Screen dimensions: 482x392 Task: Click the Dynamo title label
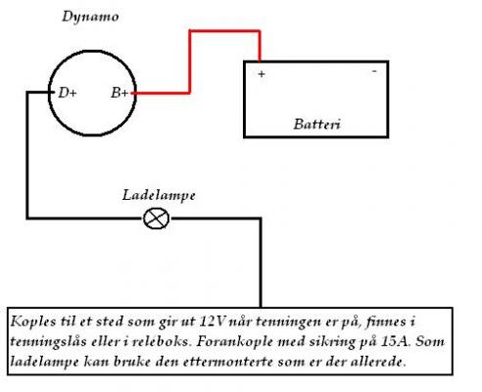coord(90,17)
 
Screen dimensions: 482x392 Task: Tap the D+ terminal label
coord(68,93)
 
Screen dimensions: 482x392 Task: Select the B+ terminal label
coord(120,93)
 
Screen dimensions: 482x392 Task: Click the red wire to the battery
coord(190,62)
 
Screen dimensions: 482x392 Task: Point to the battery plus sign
coord(262,74)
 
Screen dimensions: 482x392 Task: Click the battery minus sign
coord(374,71)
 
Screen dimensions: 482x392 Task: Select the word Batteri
coord(317,124)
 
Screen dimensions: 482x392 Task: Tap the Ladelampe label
coord(159,196)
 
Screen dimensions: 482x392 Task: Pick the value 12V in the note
coord(212,321)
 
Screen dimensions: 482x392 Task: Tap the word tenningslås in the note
coord(49,342)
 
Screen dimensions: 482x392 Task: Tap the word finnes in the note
coord(385,321)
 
